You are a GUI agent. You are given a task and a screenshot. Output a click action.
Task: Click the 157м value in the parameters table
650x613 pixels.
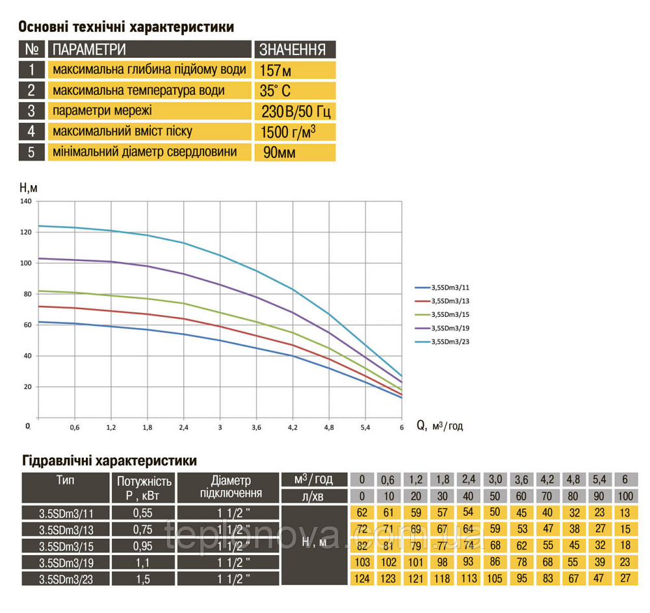point(275,70)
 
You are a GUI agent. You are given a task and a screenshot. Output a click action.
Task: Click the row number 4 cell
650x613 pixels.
point(32,132)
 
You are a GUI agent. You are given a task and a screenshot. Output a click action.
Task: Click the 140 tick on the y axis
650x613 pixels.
point(26,201)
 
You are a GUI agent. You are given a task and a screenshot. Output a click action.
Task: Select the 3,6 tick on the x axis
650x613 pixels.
point(256,427)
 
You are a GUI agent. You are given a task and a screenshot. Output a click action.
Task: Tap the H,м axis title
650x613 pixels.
point(29,188)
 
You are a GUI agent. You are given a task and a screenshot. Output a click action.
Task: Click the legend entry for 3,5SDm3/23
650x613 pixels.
point(448,342)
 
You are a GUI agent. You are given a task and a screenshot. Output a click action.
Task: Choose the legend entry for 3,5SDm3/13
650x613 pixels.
point(448,301)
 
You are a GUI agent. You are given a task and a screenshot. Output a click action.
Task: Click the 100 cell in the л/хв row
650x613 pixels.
point(625,496)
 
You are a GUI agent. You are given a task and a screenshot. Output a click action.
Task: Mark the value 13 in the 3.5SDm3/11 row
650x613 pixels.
point(625,512)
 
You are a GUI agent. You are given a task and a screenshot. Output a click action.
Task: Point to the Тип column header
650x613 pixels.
point(65,480)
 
